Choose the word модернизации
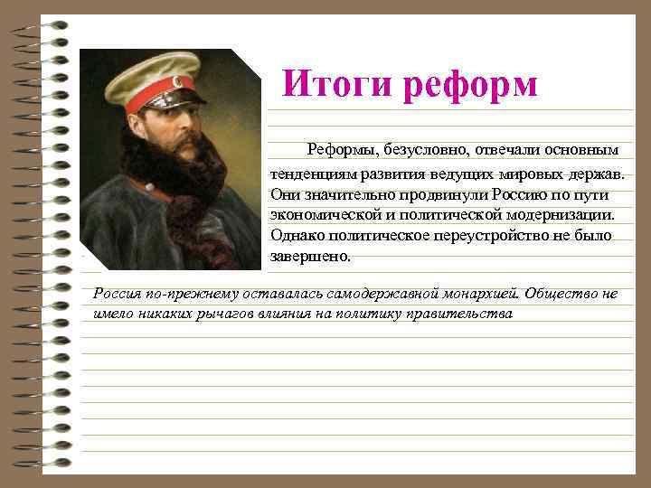(x=559, y=215)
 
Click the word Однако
(x=297, y=236)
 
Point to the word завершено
(x=308, y=257)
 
